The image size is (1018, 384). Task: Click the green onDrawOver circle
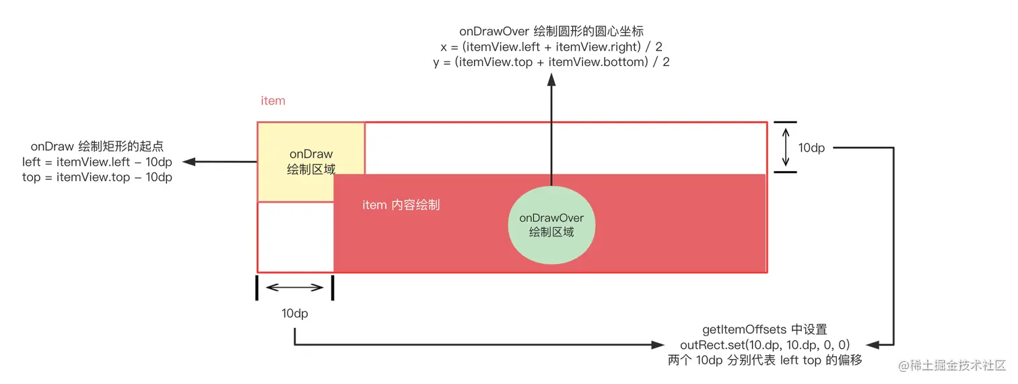[551, 225]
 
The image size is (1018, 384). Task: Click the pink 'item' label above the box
[273, 101]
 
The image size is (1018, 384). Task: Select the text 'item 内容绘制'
[401, 205]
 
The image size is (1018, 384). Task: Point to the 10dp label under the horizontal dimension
[295, 314]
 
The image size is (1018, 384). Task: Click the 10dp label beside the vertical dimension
[811, 148]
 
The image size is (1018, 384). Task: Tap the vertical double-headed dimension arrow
[785, 148]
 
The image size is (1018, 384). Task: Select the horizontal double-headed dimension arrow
[295, 288]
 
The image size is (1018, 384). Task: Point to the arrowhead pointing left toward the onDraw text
[189, 162]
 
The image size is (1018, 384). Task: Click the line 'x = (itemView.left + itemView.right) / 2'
[551, 46]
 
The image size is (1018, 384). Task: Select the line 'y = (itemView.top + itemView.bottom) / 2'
[551, 62]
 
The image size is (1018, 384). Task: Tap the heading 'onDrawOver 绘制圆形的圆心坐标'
[551, 31]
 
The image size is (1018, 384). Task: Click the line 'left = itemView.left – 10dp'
[97, 162]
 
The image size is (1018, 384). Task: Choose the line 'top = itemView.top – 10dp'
[97, 177]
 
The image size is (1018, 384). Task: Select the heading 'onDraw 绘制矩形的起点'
[97, 146]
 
